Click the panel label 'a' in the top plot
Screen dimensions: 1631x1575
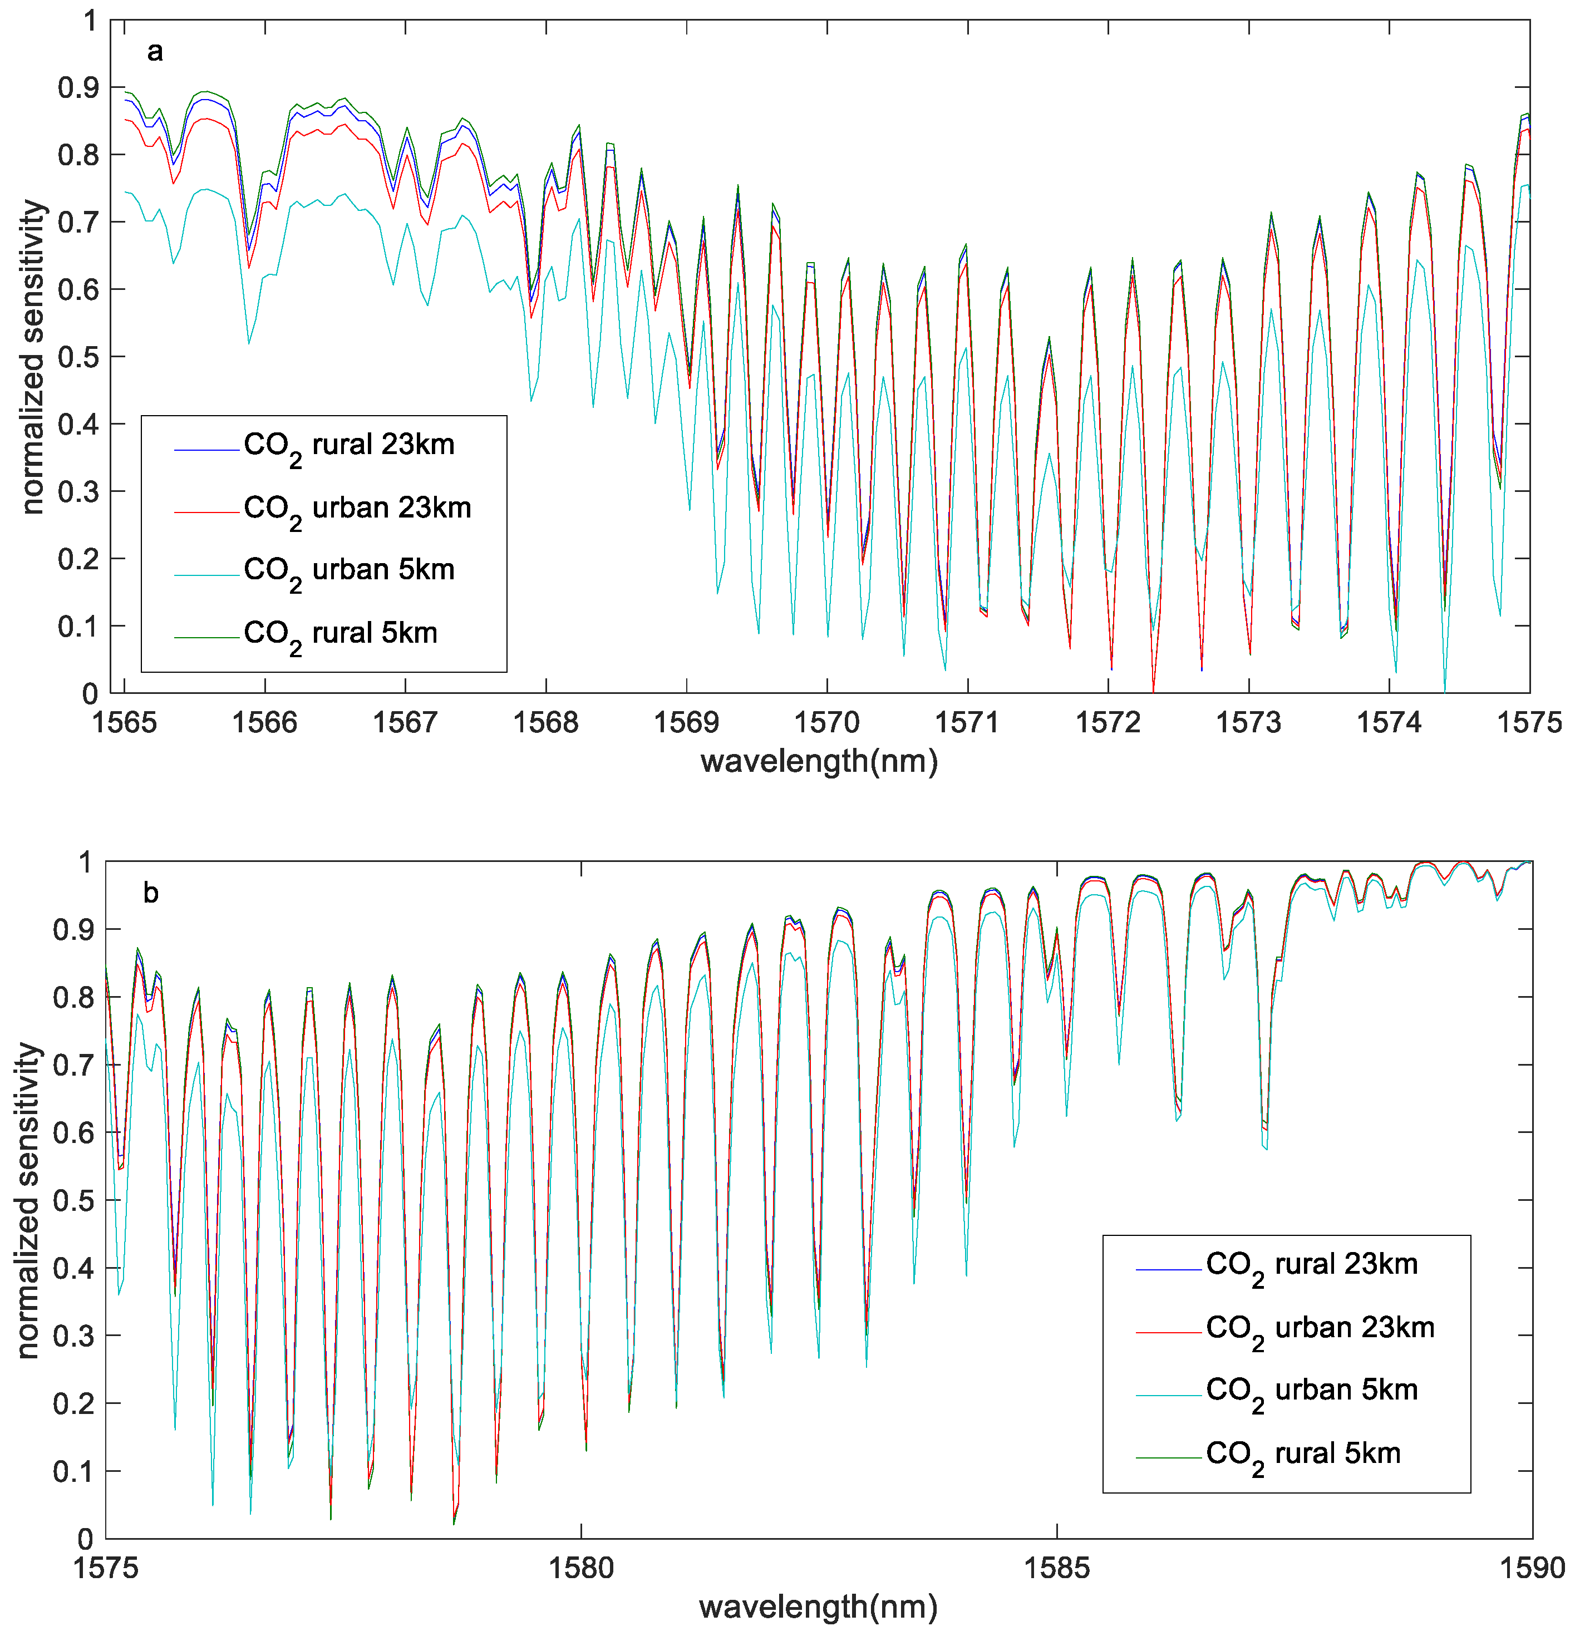(155, 52)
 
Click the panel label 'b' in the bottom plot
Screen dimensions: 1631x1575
(151, 893)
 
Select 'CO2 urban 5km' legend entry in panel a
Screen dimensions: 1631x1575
(349, 571)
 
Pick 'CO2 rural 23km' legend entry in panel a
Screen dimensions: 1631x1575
(349, 446)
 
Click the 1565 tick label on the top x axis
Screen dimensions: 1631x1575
(124, 722)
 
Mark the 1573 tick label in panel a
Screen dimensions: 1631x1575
(1249, 722)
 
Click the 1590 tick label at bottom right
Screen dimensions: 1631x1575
(1532, 1568)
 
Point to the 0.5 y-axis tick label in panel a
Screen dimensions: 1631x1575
(77, 357)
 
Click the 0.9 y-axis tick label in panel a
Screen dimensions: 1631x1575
(77, 87)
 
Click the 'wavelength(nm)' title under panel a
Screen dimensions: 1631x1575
(819, 761)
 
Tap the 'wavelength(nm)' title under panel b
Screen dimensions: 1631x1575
(819, 1606)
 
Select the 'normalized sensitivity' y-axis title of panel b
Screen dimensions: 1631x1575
(28, 1200)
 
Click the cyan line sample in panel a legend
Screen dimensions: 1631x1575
(206, 574)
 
